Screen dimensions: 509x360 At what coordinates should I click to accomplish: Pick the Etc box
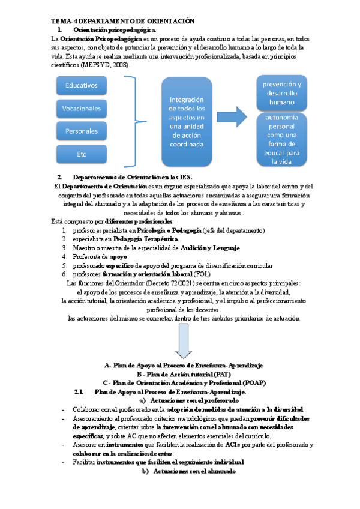(82, 154)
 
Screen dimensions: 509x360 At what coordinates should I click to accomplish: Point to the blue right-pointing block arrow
(234, 115)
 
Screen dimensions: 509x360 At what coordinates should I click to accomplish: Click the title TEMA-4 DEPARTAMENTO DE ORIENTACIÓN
(123, 20)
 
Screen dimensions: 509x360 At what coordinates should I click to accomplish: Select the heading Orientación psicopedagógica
(115, 29)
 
